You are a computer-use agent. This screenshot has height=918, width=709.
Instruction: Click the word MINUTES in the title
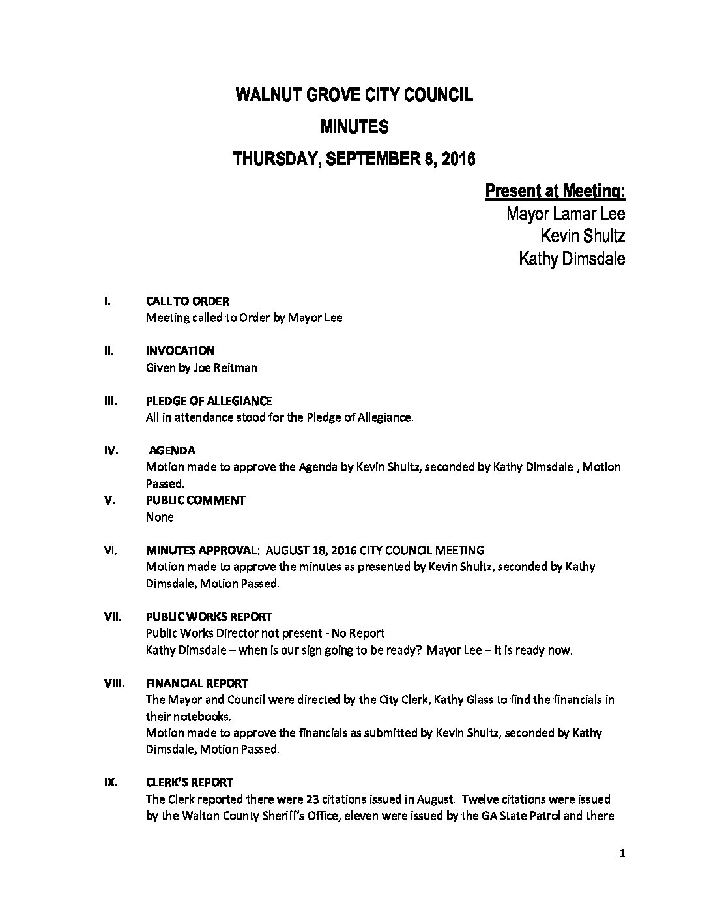pyautogui.click(x=354, y=127)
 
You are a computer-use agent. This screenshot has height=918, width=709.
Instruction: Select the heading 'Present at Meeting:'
pyautogui.click(x=555, y=191)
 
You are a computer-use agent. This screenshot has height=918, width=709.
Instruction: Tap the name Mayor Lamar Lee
pyautogui.click(x=566, y=214)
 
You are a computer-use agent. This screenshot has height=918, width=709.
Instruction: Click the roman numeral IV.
pyautogui.click(x=111, y=451)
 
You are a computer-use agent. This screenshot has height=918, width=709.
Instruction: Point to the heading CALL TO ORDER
pyautogui.click(x=188, y=301)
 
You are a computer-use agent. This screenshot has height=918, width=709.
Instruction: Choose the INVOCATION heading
pyautogui.click(x=181, y=351)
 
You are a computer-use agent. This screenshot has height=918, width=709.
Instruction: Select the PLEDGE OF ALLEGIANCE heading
pyautogui.click(x=209, y=400)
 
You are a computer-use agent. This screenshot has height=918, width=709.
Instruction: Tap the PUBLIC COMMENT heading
pyautogui.click(x=195, y=500)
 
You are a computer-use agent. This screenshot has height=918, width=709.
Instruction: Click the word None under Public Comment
pyautogui.click(x=160, y=517)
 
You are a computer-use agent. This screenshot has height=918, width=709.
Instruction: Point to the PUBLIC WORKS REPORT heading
pyautogui.click(x=209, y=616)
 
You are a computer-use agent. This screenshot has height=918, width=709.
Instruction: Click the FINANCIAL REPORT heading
pyautogui.click(x=197, y=683)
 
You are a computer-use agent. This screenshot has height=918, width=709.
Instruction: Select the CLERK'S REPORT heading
pyautogui.click(x=189, y=782)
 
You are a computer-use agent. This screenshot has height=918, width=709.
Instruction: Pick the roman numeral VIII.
pyautogui.click(x=114, y=683)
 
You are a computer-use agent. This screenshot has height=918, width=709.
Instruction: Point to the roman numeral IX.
pyautogui.click(x=111, y=782)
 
